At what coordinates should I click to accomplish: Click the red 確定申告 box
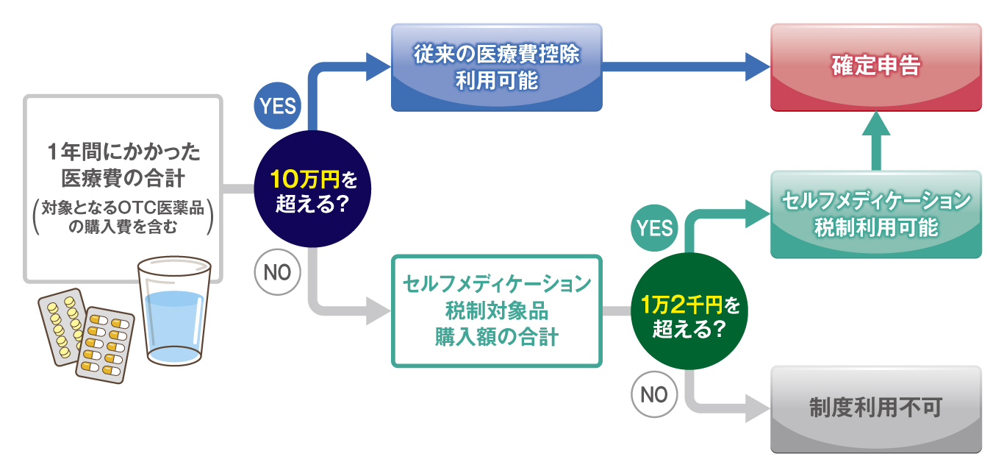click(x=875, y=67)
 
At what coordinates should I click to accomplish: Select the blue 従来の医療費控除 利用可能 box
click(x=496, y=67)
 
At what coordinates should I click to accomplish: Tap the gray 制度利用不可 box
click(x=875, y=408)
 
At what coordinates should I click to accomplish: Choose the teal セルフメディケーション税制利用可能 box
click(x=875, y=214)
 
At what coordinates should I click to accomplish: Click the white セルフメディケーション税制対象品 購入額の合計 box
click(x=497, y=310)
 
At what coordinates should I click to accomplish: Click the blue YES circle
click(x=277, y=106)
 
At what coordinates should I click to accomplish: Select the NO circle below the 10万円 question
click(x=277, y=273)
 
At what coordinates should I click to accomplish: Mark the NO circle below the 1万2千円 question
click(x=654, y=395)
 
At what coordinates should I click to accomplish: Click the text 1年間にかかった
click(x=123, y=153)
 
